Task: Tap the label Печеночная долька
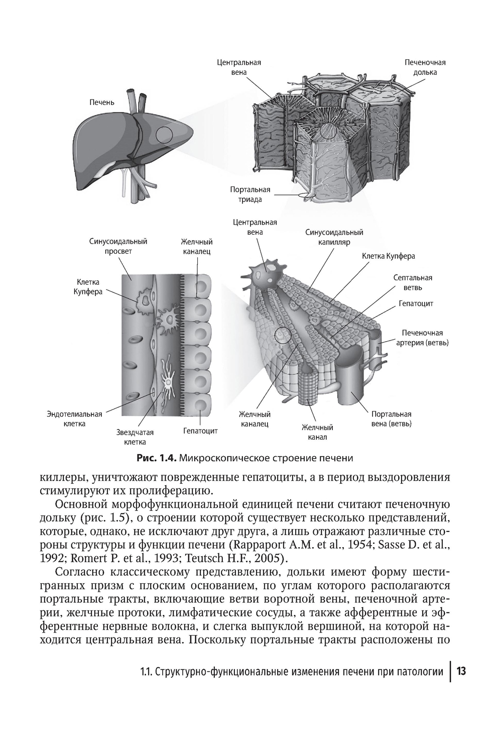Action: pos(425,67)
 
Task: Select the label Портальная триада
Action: pos(250,194)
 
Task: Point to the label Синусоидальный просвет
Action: pos(118,246)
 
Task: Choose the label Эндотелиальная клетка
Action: pos(74,419)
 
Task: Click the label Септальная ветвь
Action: pos(413,282)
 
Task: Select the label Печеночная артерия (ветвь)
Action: pos(422,338)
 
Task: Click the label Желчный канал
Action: pos(317,432)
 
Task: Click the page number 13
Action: pos(462,671)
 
